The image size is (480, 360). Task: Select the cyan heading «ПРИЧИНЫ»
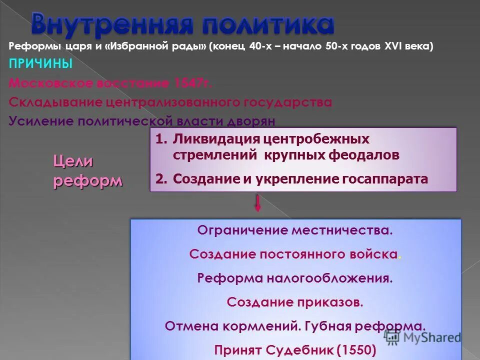tap(40, 64)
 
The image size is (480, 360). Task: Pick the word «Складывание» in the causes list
tap(55, 102)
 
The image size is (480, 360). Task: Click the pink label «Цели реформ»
tap(87, 170)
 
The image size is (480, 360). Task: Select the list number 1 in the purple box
tap(159, 139)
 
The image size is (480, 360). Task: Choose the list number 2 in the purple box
tap(159, 179)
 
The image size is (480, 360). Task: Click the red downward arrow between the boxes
tap(257, 203)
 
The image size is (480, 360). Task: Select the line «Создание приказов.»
tap(295, 302)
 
